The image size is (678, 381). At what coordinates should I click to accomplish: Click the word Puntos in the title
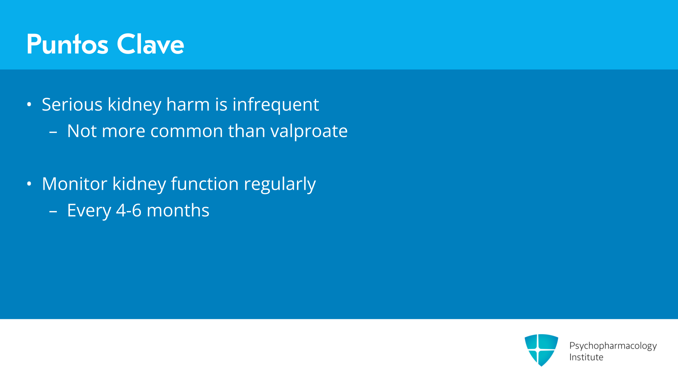tap(67, 44)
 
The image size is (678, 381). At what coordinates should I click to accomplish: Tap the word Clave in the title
tap(150, 44)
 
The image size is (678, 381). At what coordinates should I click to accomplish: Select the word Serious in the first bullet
tap(72, 104)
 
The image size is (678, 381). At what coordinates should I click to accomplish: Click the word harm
tap(188, 104)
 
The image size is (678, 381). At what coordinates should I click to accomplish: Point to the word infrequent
tap(276, 105)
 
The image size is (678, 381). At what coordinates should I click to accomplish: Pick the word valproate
tap(309, 132)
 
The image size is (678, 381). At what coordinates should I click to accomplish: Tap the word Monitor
tap(75, 184)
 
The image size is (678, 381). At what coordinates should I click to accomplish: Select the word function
tap(205, 184)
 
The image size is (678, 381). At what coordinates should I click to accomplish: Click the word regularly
tap(280, 185)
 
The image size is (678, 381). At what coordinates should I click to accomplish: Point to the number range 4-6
tap(129, 210)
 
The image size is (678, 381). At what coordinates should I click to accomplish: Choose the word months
tap(178, 210)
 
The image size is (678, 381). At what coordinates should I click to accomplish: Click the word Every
tap(89, 211)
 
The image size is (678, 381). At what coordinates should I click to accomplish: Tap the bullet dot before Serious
tap(29, 104)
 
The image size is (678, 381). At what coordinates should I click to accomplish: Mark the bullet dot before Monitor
tap(29, 184)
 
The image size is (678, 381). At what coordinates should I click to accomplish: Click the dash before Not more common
tap(53, 133)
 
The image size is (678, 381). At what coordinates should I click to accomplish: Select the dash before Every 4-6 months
tap(53, 212)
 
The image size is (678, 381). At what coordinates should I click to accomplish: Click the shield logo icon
tap(541, 350)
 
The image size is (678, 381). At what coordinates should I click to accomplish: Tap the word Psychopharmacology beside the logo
tap(613, 346)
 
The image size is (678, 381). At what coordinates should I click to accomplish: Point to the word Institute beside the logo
tap(586, 357)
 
